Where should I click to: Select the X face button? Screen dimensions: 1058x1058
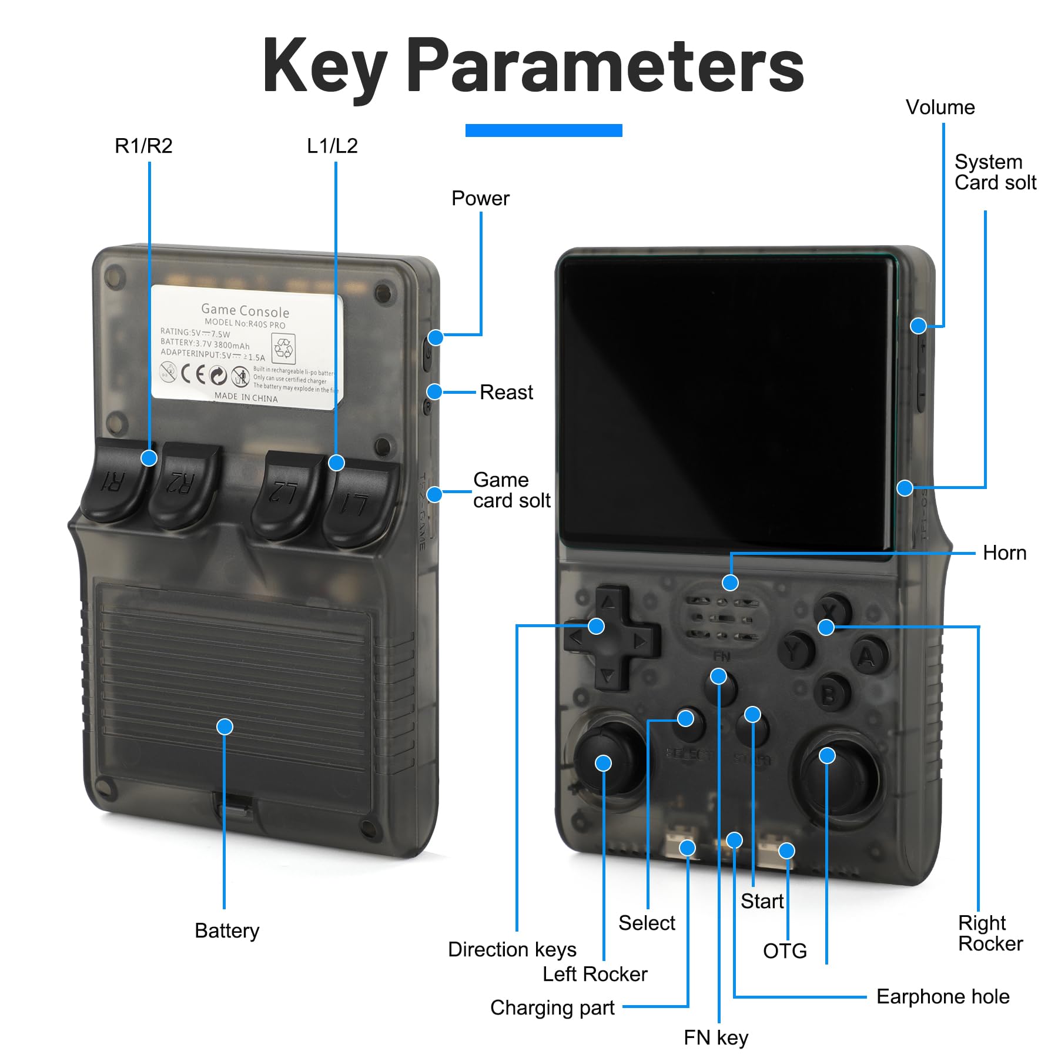[832, 609]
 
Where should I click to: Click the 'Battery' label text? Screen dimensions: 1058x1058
[227, 930]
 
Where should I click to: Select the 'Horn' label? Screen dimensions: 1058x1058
[1004, 553]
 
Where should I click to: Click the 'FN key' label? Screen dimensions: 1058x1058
[715, 1037]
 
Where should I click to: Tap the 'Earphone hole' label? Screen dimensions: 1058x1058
[942, 996]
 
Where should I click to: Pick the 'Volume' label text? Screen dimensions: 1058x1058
[940, 107]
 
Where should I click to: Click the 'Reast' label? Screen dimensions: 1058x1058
[506, 392]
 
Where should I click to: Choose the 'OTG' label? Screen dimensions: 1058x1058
[785, 950]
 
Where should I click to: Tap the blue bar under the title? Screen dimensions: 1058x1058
[544, 130]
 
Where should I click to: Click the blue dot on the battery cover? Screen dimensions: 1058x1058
[225, 727]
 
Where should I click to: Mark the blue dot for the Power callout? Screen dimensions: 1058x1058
[436, 337]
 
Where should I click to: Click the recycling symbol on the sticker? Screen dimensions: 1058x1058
[283, 348]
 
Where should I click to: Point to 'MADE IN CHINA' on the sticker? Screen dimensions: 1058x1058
[246, 397]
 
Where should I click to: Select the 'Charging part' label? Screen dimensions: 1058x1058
[552, 1007]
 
